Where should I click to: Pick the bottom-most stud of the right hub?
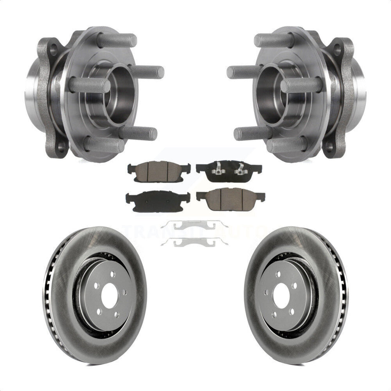(x=287, y=144)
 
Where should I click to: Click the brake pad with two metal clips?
(x=228, y=170)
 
